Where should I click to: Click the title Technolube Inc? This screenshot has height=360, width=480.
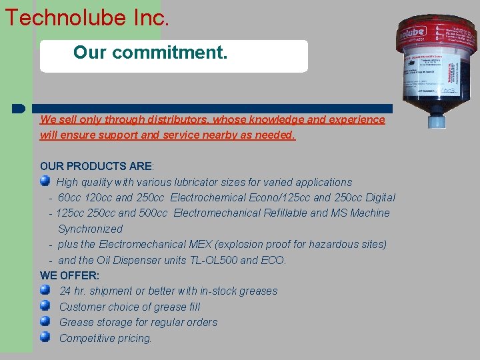tap(87, 17)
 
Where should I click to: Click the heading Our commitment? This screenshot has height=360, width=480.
tap(150, 52)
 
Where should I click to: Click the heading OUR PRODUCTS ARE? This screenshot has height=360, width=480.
tap(96, 166)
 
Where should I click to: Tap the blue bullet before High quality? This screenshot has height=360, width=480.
tap(45, 181)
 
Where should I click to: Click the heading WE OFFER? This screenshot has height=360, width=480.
tap(69, 275)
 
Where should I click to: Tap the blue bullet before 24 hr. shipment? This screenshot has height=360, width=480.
tap(45, 290)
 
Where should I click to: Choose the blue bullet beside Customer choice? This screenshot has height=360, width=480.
tap(45, 305)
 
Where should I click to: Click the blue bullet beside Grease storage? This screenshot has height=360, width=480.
tap(45, 321)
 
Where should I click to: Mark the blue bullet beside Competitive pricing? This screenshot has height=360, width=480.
tap(45, 337)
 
